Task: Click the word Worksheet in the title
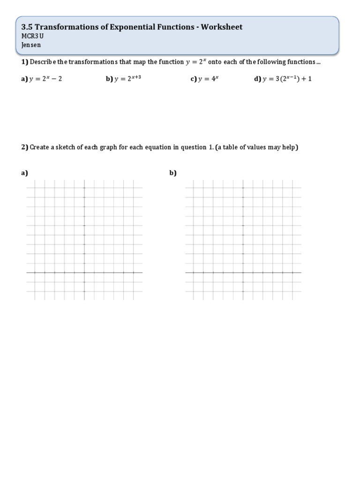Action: pos(221,27)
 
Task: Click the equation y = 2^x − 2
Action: pos(45,79)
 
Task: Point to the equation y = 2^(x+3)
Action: pos(127,78)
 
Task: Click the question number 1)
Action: pos(24,62)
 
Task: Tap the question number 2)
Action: pos(24,147)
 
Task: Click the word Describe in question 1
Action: pos(43,62)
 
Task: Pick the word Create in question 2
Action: pos(40,147)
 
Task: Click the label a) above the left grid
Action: pos(24,173)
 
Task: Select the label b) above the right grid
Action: pos(173,173)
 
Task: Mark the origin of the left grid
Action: pos(84,272)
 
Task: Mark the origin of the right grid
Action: pos(243,272)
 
